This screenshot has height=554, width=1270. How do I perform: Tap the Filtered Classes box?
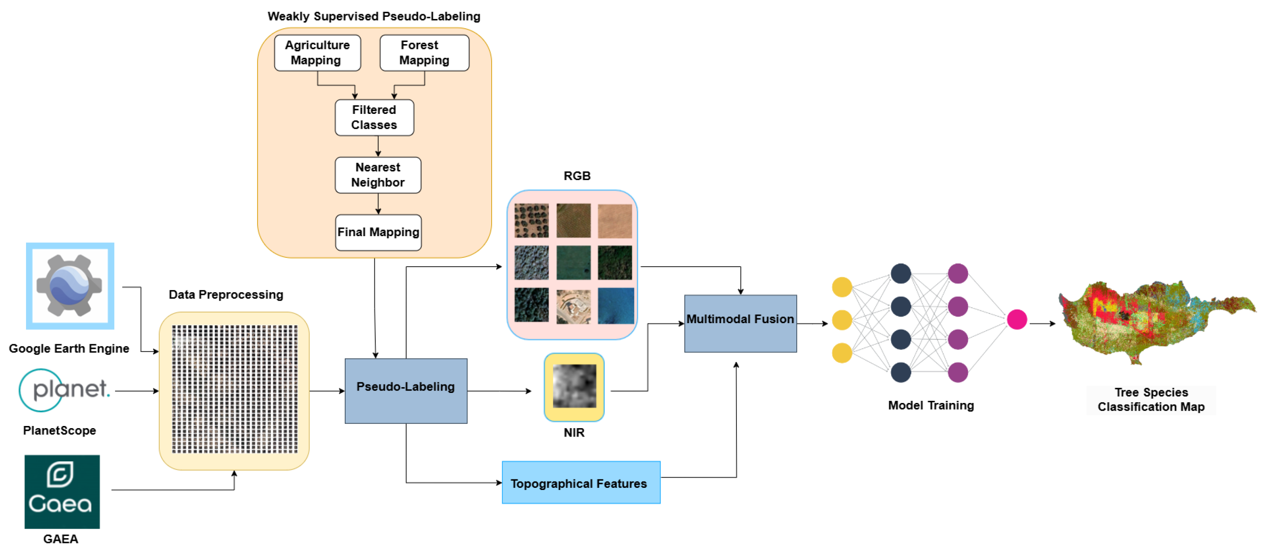click(x=374, y=117)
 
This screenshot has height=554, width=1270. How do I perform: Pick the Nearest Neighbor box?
click(x=377, y=175)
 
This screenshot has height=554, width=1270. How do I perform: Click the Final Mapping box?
click(x=378, y=232)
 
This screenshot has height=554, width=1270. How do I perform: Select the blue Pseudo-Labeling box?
click(x=406, y=391)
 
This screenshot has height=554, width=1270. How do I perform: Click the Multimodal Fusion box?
click(x=740, y=323)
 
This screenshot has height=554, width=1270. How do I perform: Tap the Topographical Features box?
click(x=580, y=482)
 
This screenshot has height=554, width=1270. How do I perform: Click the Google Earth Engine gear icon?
click(x=70, y=285)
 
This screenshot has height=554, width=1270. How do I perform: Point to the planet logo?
click(x=64, y=390)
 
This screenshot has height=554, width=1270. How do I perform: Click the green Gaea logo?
click(x=62, y=491)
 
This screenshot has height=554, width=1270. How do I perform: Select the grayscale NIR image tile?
click(x=574, y=386)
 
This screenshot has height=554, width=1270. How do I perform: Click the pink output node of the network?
click(x=1016, y=319)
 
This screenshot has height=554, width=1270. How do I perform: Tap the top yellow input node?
click(x=841, y=286)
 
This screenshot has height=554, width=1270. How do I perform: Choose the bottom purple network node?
click(x=957, y=373)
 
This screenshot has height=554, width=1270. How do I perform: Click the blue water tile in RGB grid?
click(x=615, y=306)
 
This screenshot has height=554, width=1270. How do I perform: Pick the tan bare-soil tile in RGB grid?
click(x=615, y=221)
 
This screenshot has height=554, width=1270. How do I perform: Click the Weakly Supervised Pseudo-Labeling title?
click(x=374, y=16)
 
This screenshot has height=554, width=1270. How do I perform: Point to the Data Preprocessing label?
click(x=226, y=294)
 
